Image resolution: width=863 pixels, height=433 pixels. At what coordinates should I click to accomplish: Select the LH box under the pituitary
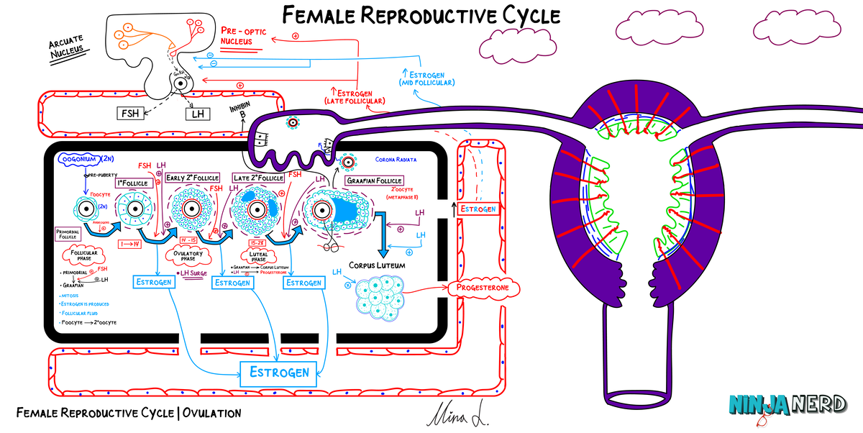tap(196, 113)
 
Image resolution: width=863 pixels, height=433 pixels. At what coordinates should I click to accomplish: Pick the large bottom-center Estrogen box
tap(279, 372)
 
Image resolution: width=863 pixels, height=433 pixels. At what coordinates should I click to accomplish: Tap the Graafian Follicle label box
tap(375, 181)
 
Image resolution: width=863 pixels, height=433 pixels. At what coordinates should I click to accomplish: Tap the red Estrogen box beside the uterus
tap(478, 209)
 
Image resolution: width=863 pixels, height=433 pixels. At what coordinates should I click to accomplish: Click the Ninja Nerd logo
tap(785, 406)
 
